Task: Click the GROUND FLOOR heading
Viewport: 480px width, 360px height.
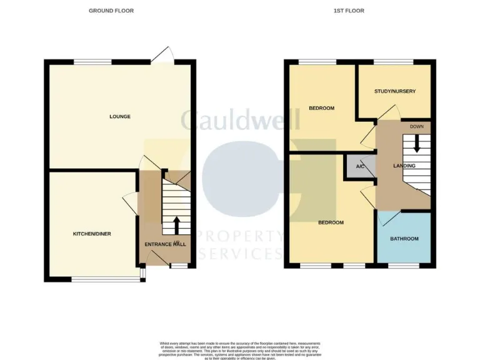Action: click(x=111, y=11)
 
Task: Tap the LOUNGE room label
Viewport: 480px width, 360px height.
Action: click(x=120, y=116)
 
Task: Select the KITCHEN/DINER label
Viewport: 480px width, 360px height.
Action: click(x=92, y=234)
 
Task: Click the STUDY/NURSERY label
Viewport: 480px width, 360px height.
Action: click(x=395, y=91)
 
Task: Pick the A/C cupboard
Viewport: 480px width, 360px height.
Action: click(x=360, y=167)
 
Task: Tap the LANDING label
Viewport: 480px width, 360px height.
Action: click(x=404, y=166)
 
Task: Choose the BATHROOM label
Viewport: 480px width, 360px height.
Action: click(x=404, y=239)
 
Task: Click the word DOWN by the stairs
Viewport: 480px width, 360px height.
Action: click(x=417, y=127)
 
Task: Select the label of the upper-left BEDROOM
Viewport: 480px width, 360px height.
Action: click(x=321, y=108)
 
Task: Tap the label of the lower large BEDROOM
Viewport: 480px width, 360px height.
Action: click(x=331, y=222)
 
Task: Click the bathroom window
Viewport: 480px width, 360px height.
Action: click(x=404, y=266)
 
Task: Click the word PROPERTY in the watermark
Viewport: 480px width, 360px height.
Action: click(x=239, y=236)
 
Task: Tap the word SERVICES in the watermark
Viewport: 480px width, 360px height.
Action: click(x=241, y=254)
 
